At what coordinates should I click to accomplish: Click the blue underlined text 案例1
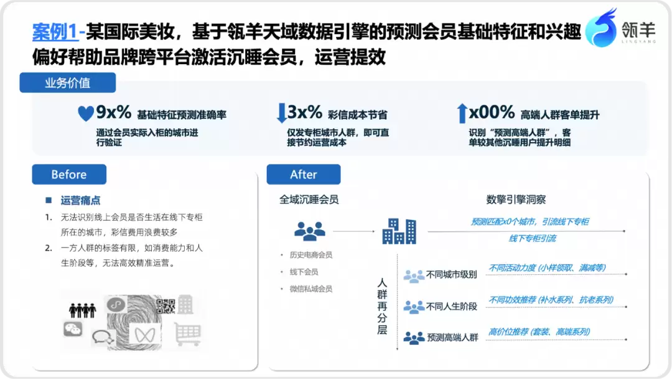[55, 32]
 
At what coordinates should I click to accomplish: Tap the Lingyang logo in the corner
[620, 27]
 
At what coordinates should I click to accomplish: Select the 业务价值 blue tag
[68, 82]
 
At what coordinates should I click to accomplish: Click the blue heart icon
[86, 113]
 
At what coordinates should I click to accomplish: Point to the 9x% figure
[114, 112]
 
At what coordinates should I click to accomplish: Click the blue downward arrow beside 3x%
[282, 113]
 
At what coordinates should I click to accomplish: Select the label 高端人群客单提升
[560, 115]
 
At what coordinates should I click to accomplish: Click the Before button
[69, 175]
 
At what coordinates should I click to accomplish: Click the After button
[304, 175]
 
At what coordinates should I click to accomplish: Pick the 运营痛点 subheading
[80, 200]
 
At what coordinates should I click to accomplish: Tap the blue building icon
[399, 231]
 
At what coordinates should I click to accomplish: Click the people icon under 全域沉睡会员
[310, 231]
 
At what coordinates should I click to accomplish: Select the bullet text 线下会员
[304, 272]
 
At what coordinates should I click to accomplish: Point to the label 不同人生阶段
[451, 307]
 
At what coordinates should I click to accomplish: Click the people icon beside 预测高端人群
[414, 338]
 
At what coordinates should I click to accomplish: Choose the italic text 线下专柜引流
[532, 239]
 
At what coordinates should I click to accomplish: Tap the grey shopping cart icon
[188, 334]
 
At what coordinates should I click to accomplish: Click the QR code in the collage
[166, 307]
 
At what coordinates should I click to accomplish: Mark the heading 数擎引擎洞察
[516, 199]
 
